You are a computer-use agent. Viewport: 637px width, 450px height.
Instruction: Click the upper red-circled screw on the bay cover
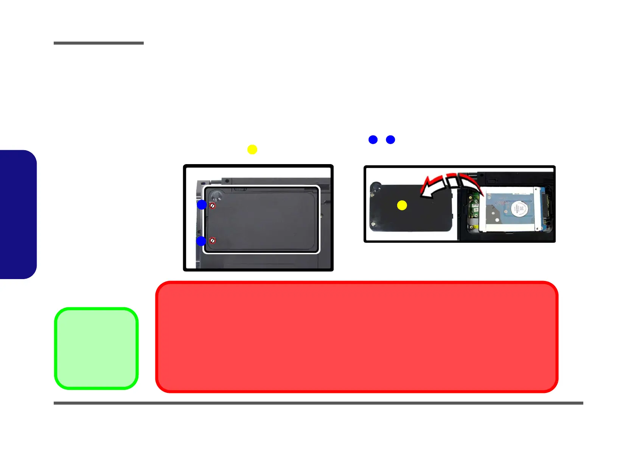[213, 206]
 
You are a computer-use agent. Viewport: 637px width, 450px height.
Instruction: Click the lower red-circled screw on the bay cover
[213, 241]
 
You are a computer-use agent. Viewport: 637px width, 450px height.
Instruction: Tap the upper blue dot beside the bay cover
[202, 205]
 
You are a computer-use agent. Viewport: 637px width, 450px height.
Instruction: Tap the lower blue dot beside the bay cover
[201, 241]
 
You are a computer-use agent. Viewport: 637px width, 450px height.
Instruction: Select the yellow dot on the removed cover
[402, 205]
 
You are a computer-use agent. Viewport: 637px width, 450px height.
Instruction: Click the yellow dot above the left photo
[252, 149]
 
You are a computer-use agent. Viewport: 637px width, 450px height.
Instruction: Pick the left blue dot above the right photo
[373, 140]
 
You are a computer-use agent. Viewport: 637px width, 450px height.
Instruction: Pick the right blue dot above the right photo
[390, 140]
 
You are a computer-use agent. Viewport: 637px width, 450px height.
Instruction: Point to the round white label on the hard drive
[520, 209]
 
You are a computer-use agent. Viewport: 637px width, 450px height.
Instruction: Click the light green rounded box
[96, 348]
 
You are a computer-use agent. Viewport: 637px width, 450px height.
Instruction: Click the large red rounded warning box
[357, 337]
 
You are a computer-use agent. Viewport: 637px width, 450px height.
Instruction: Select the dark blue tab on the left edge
[18, 214]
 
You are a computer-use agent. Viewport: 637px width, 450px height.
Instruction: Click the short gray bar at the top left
[99, 43]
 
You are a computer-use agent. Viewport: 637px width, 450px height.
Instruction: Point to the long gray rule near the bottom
[318, 403]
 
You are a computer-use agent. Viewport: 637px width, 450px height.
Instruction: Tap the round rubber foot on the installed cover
[217, 195]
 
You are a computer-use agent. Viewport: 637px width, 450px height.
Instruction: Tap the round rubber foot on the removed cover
[375, 186]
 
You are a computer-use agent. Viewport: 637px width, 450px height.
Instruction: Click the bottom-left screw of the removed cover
[373, 223]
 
